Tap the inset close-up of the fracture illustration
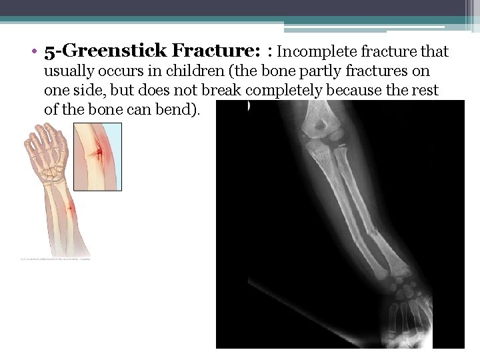click(x=97, y=157)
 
